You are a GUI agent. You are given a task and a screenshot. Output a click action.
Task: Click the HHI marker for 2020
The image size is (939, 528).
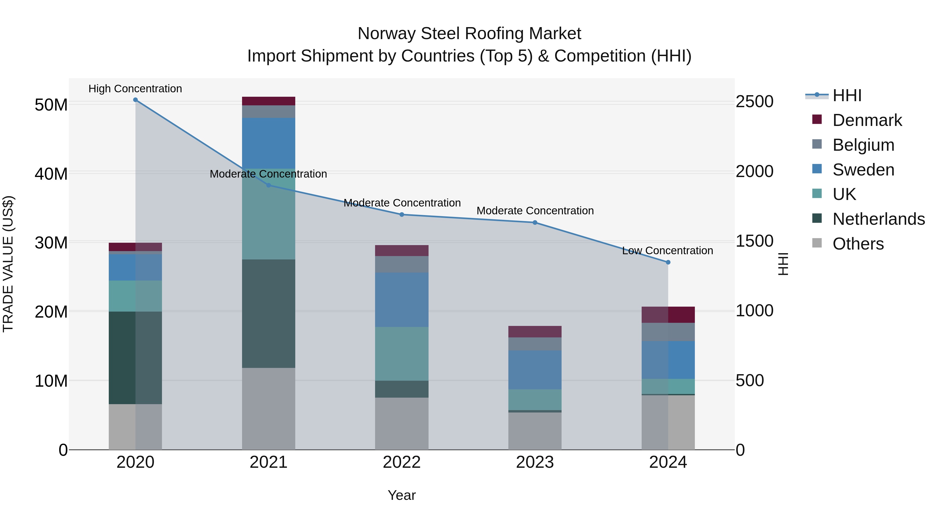135,100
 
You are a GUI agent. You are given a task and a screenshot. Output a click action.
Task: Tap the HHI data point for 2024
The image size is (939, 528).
668,262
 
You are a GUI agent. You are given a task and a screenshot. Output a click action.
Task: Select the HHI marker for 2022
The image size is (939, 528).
402,215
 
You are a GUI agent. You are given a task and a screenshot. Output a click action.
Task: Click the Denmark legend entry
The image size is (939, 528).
867,120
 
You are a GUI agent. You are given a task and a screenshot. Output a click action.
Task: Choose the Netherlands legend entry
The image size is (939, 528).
878,219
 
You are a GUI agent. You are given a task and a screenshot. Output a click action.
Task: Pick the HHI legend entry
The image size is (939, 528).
847,95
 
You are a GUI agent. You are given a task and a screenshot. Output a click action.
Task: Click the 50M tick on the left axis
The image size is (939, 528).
51,105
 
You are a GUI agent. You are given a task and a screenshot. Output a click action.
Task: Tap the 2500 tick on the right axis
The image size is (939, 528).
754,102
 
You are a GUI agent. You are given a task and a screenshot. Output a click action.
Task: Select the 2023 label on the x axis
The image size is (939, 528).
535,462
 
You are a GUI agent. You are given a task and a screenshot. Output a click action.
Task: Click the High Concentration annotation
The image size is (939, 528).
135,89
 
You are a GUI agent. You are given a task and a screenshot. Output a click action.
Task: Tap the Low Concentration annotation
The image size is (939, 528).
667,251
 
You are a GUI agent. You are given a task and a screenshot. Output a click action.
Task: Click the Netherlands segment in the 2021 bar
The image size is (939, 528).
269,313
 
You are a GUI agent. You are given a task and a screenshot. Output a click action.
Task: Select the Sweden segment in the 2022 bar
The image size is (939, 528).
402,300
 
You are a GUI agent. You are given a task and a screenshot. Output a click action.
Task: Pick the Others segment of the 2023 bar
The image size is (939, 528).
535,431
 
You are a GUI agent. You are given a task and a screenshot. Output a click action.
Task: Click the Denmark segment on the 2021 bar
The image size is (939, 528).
269,101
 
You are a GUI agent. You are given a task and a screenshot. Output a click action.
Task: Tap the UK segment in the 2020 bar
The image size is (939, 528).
135,296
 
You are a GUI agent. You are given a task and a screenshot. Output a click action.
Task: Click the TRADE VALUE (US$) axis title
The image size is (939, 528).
8,264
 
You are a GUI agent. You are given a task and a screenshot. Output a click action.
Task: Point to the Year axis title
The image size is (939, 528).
402,495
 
